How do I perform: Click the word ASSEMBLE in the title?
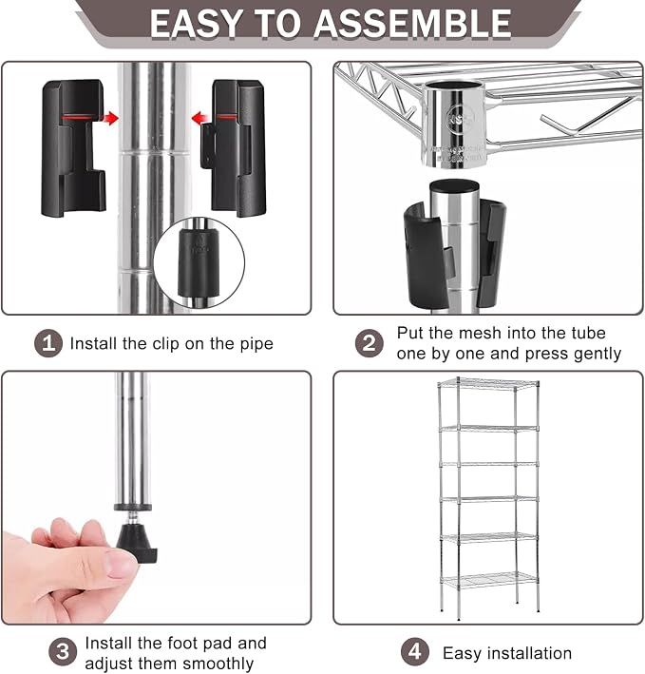[x=412, y=24]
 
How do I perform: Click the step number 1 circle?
[x=48, y=343]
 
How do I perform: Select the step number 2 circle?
[x=370, y=343]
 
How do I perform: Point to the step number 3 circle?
[x=63, y=651]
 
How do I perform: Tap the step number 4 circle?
[x=415, y=651]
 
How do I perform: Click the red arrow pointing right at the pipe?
[x=110, y=118]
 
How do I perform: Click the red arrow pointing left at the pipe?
[x=200, y=118]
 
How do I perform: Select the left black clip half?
[x=73, y=148]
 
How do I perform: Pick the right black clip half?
[x=234, y=148]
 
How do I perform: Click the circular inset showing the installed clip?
[x=199, y=262]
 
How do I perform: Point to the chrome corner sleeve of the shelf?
[x=454, y=124]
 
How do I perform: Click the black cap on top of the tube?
[x=455, y=187]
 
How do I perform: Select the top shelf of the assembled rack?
[x=488, y=382]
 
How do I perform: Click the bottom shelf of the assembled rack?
[x=488, y=581]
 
